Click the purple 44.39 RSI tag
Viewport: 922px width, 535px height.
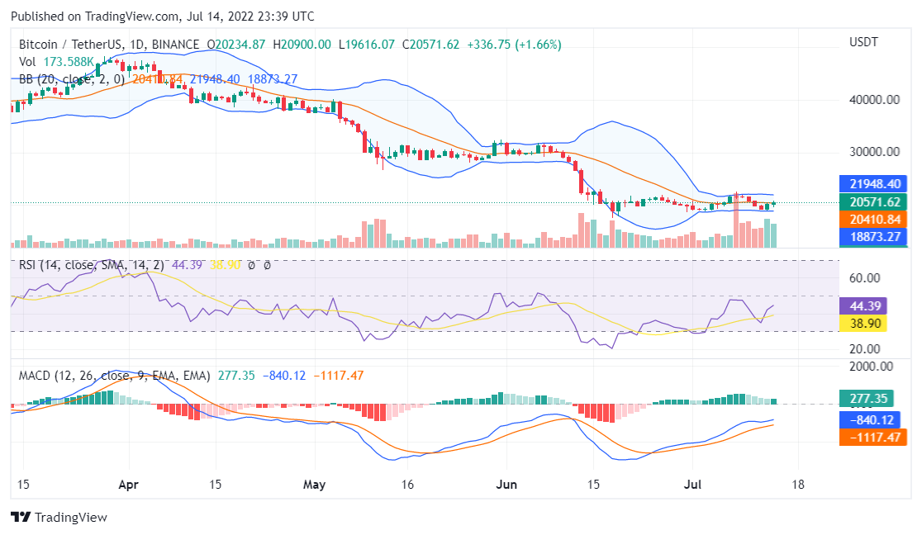(x=862, y=305)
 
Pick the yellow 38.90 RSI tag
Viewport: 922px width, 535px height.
(x=862, y=323)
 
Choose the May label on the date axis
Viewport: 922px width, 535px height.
(x=315, y=485)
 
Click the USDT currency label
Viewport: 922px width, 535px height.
(x=863, y=41)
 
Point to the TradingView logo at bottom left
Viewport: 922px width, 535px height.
(x=59, y=518)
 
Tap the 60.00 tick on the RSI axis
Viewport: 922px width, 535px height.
(x=864, y=278)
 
